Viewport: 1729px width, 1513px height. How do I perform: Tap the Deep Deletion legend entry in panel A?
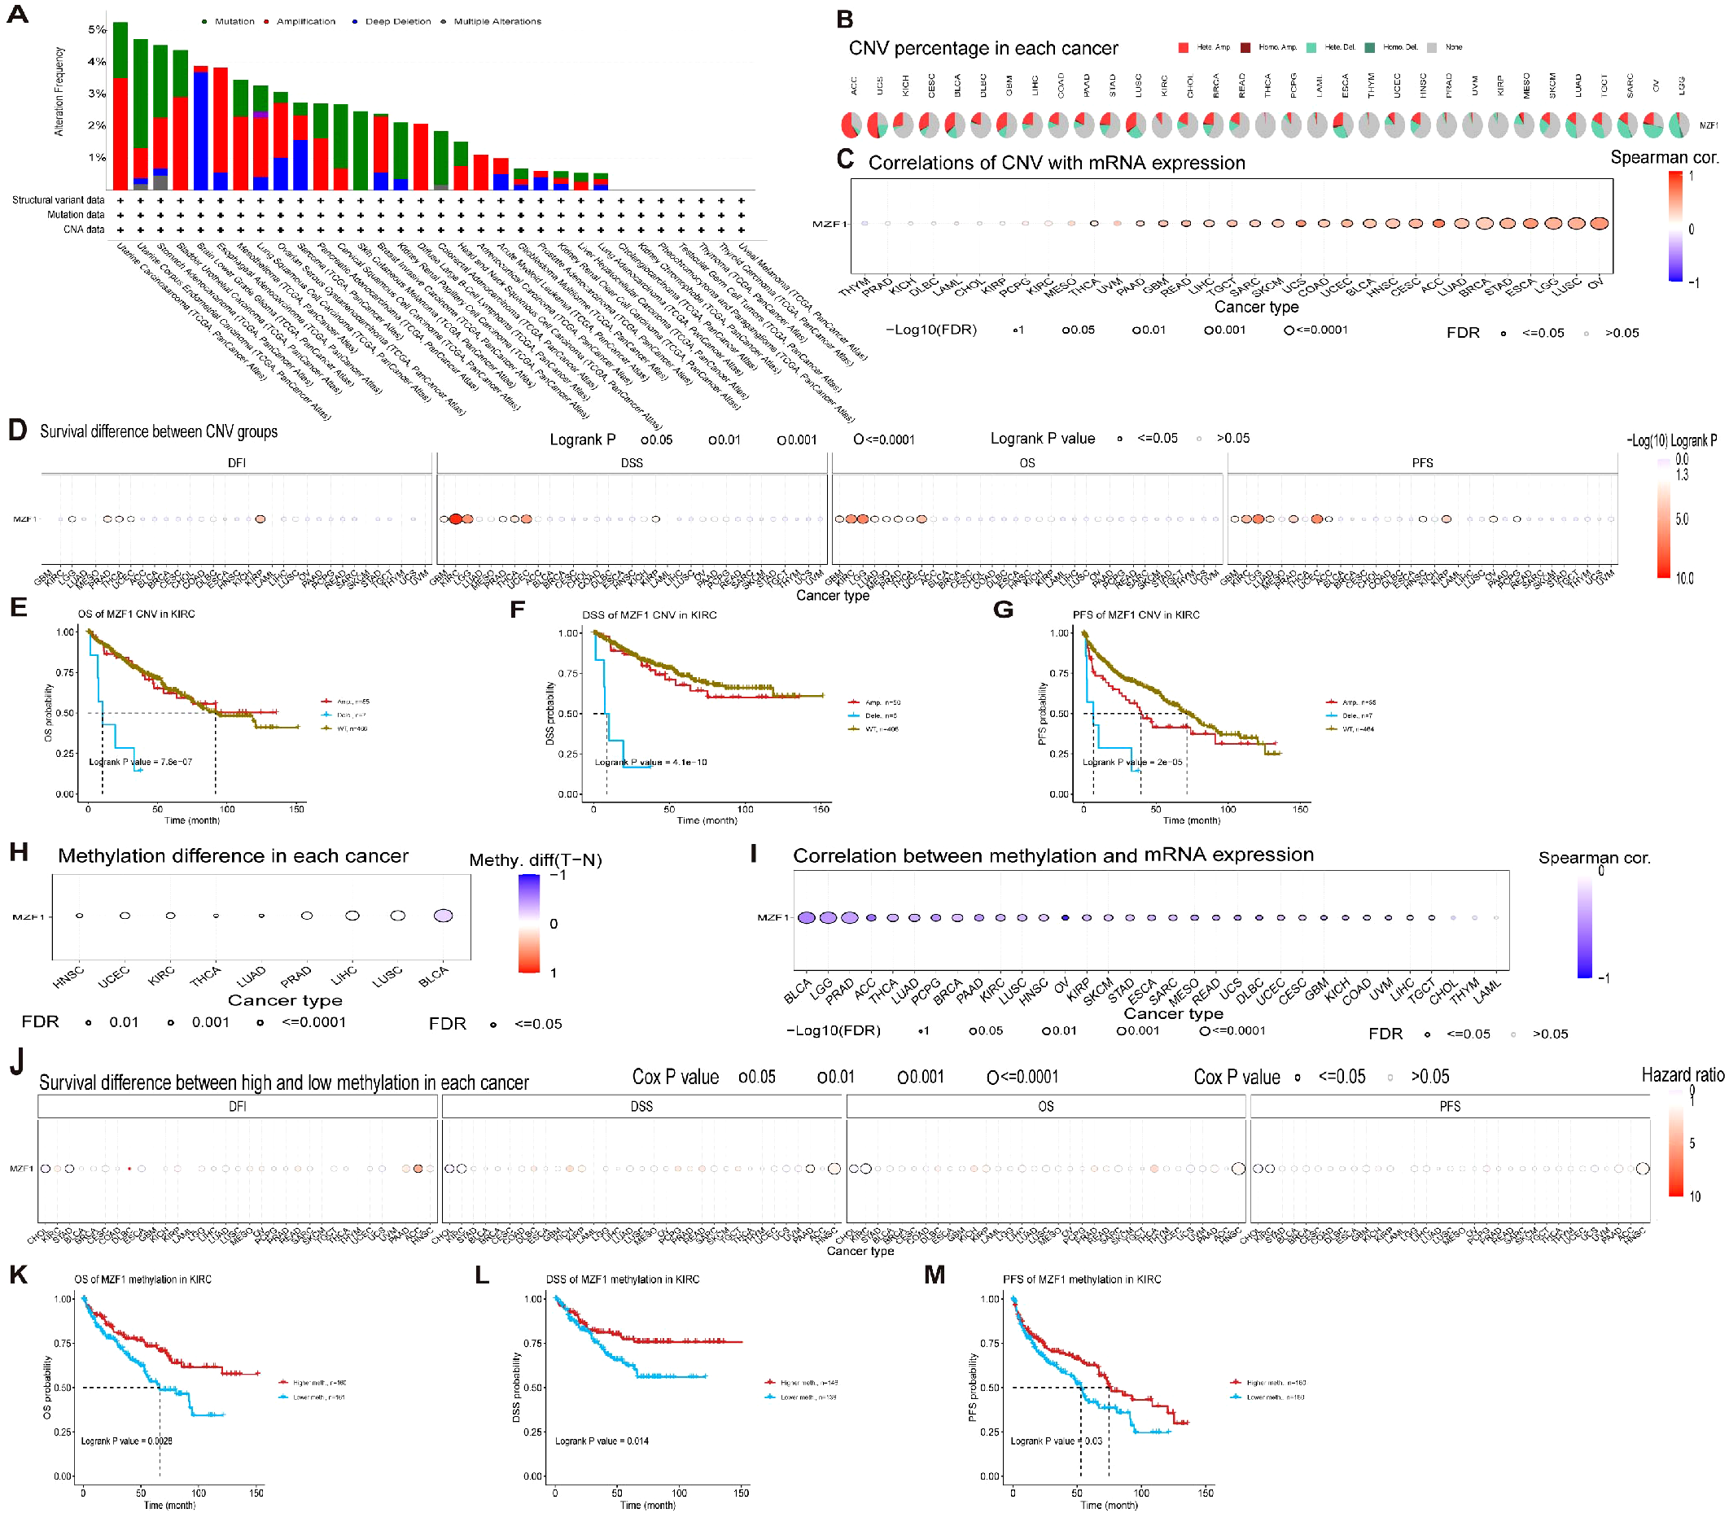[x=396, y=21]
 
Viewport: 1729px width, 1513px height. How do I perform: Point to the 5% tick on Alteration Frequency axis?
[x=97, y=29]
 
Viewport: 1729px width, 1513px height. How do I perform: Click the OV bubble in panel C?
[x=1598, y=224]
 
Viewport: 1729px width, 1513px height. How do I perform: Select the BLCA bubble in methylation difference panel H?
[x=443, y=916]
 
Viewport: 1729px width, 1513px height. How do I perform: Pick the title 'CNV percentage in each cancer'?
[x=983, y=48]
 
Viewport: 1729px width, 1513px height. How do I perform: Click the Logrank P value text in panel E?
[x=140, y=762]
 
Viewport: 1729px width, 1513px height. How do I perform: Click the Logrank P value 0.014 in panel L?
[x=601, y=1441]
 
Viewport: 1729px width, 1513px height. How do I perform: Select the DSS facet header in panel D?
[x=632, y=462]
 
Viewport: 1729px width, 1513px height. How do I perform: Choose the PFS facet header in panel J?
[x=1450, y=1106]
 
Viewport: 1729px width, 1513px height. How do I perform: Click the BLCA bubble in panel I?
[x=806, y=918]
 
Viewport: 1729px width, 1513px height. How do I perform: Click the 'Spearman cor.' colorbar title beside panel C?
[x=1664, y=157]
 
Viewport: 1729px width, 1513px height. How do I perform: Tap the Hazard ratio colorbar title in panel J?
[x=1682, y=1075]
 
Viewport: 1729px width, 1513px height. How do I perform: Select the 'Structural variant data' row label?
[x=58, y=200]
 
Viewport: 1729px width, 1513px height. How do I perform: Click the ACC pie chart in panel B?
[x=851, y=125]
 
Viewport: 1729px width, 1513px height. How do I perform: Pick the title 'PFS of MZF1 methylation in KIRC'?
[x=1082, y=1279]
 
